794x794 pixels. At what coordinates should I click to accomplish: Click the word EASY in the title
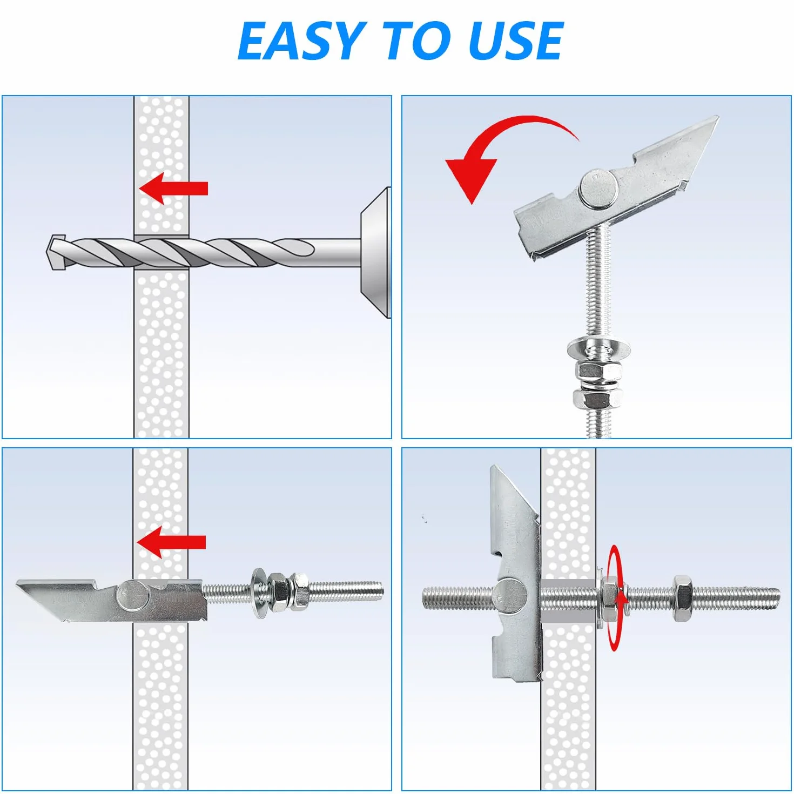pos(302,41)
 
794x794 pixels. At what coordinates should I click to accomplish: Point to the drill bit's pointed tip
pos(46,252)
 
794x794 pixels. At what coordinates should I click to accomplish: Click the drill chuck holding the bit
pos(375,252)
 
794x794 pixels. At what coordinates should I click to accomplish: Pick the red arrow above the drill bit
pos(173,189)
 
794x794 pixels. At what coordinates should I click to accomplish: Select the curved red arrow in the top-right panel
pos(507,152)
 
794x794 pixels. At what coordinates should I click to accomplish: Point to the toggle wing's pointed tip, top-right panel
pos(717,117)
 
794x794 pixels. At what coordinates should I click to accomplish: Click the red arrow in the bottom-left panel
pos(171,543)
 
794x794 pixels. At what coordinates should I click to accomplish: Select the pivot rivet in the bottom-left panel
pos(132,596)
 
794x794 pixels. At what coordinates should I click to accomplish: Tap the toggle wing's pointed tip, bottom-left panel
pos(17,584)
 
